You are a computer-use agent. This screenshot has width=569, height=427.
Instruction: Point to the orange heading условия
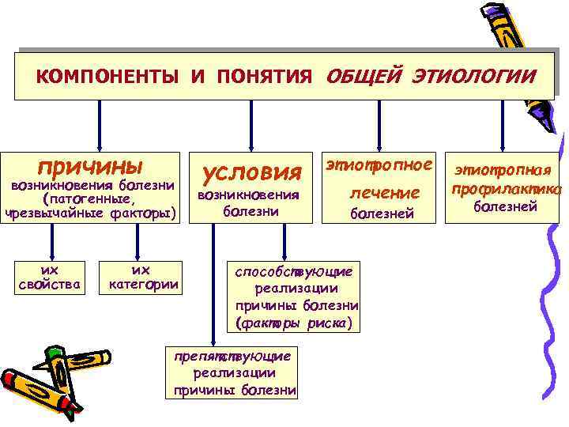pyautogui.click(x=253, y=171)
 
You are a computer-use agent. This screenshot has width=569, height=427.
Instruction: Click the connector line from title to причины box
pyautogui.click(x=100, y=124)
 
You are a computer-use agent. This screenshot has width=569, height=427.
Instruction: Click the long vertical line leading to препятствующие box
pyautogui.click(x=212, y=285)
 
